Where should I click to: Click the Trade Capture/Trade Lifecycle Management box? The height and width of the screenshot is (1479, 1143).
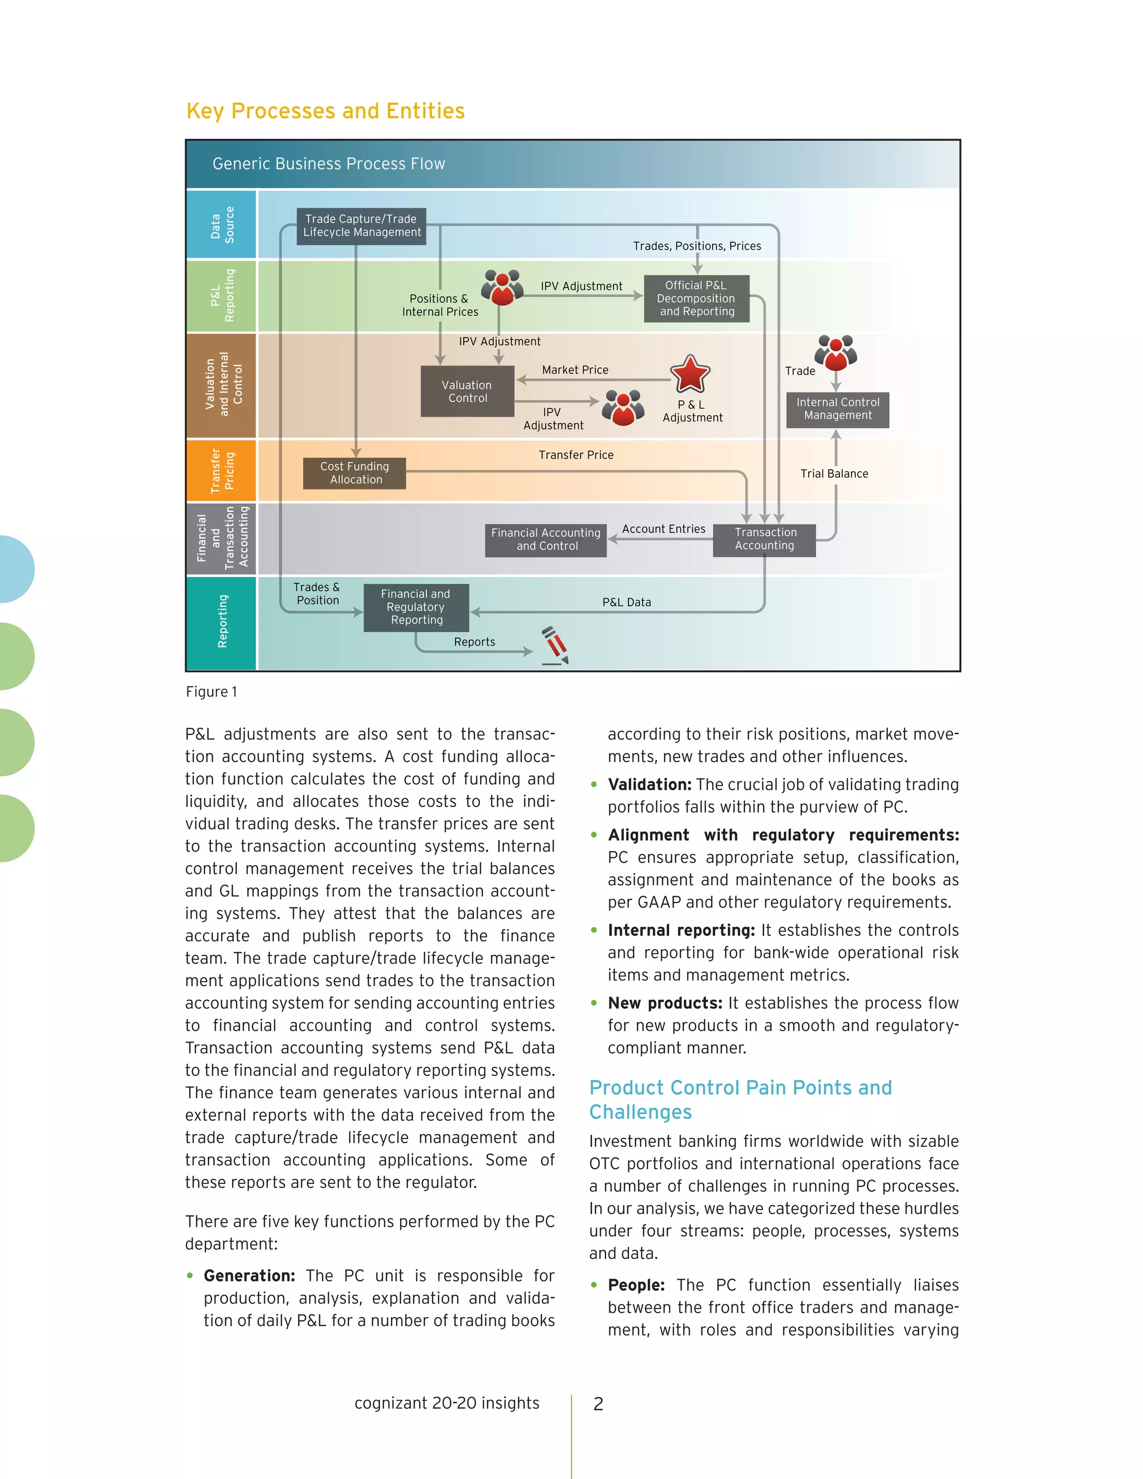coord(362,226)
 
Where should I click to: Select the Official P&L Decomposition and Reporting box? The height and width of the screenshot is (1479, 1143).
coord(696,299)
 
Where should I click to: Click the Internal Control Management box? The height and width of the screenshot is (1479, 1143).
coord(838,410)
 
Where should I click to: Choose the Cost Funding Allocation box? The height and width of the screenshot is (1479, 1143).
coord(355,473)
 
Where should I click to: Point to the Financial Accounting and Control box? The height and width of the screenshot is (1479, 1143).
coord(546,540)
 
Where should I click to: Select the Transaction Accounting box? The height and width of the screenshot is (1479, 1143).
coord(765,540)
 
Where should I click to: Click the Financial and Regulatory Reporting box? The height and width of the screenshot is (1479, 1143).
coord(416,607)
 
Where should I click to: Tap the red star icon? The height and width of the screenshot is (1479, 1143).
coord(690,374)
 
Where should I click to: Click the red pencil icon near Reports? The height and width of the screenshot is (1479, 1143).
coord(555,645)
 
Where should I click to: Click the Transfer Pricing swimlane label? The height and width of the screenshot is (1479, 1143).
coord(222,470)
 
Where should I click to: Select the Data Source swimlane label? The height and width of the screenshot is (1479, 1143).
coord(222,225)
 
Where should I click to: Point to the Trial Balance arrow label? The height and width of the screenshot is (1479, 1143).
coord(834,474)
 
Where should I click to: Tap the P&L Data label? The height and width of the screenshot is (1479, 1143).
coord(626,603)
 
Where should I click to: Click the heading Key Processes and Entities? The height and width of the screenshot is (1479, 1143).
coord(326,111)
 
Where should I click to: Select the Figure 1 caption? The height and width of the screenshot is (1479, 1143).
coord(212,692)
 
